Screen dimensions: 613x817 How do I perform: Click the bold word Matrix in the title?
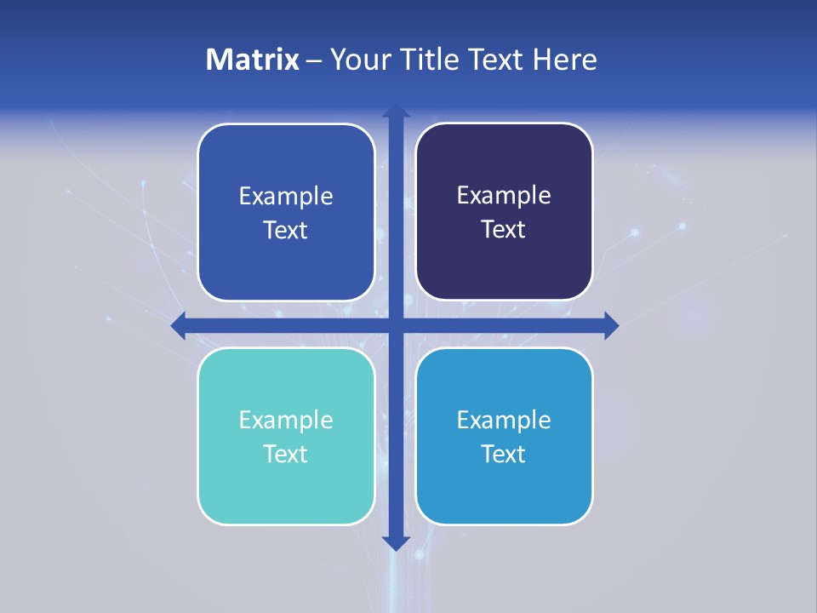[x=252, y=60]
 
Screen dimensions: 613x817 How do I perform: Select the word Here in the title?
[x=565, y=60]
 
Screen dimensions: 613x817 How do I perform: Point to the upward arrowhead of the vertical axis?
[x=396, y=112]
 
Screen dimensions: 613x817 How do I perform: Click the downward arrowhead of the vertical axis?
[x=396, y=542]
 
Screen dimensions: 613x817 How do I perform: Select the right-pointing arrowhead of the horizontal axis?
[x=611, y=325]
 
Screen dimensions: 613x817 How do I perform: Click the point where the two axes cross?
[x=396, y=325]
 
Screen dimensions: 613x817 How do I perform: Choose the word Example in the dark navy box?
[x=504, y=196]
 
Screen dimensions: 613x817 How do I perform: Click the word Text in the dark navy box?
[x=504, y=230]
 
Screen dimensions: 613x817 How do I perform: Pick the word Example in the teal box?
[x=286, y=421]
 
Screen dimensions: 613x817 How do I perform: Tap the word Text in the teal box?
[x=286, y=455]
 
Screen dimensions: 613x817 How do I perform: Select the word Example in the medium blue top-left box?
[x=286, y=197]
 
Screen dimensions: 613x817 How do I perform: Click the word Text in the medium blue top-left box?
[x=286, y=231]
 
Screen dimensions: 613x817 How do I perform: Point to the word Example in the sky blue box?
[x=504, y=421]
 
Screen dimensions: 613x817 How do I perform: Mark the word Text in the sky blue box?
[x=504, y=455]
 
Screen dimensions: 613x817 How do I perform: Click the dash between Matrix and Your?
[x=314, y=60]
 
